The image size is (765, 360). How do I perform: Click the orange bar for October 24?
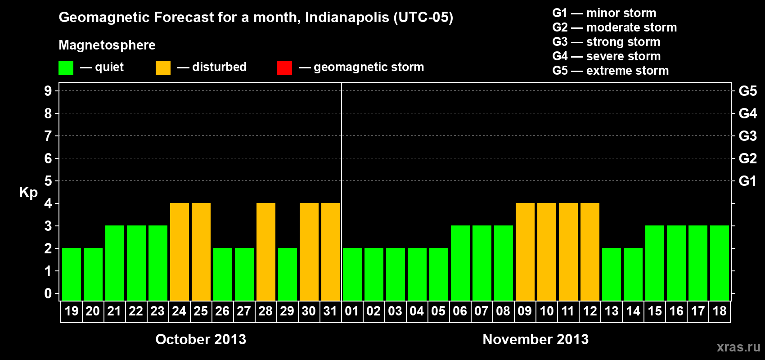[180, 252]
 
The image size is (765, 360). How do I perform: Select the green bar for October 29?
[288, 274]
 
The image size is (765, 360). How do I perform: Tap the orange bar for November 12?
[590, 252]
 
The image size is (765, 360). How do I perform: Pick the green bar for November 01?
[352, 274]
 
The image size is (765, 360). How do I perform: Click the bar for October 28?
[266, 252]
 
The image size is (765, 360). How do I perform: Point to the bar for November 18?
[720, 263]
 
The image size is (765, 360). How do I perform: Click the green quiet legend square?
[66, 68]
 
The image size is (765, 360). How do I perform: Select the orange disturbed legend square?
[163, 68]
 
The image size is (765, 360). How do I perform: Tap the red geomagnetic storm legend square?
[284, 68]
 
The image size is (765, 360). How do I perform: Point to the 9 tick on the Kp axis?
[48, 91]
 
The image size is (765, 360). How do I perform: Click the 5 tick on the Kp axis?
[48, 181]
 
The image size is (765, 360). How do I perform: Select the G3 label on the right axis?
[747, 136]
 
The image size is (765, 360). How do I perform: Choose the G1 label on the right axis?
[747, 181]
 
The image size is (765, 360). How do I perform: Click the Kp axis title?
[28, 193]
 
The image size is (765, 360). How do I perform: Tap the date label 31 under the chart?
[330, 311]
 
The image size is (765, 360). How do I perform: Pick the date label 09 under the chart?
[525, 311]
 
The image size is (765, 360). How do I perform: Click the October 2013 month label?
[201, 339]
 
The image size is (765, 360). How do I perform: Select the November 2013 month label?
[535, 339]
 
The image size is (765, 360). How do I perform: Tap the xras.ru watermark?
[738, 347]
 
